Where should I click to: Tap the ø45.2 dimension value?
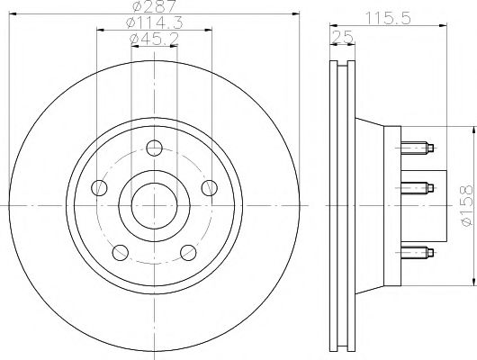(x=153, y=39)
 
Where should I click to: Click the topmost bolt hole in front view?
(x=154, y=148)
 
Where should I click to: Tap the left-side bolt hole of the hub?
(x=99, y=187)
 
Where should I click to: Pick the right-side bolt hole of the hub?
(x=209, y=187)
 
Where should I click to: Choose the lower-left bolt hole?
(x=120, y=252)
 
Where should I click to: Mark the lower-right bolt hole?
(x=188, y=252)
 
